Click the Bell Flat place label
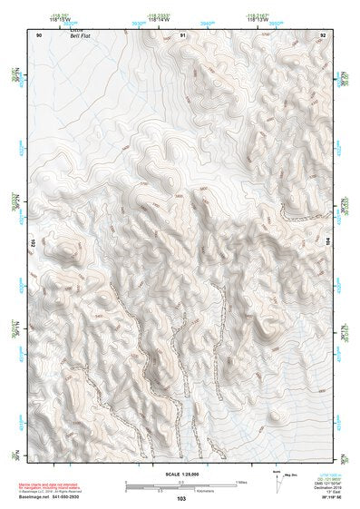point(82,36)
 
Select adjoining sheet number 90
point(39,34)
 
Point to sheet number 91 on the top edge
point(182,34)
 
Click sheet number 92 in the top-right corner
point(323,34)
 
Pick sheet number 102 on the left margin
point(31,242)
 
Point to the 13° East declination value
point(325,492)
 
